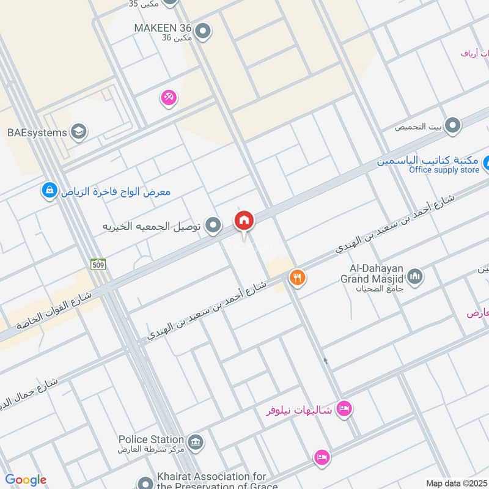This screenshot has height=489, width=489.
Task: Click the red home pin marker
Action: pyautogui.click(x=244, y=220)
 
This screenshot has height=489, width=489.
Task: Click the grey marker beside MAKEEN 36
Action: pyautogui.click(x=204, y=30)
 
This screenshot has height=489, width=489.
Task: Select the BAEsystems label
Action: pyautogui.click(x=37, y=131)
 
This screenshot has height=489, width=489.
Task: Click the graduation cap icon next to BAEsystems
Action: pyautogui.click(x=79, y=131)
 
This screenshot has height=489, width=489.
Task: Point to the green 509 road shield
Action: pyautogui.click(x=98, y=264)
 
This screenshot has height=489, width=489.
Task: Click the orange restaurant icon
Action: pyautogui.click(x=297, y=278)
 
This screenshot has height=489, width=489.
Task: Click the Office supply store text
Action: pyautogui.click(x=444, y=170)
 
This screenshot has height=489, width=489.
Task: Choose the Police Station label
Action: pyautogui.click(x=151, y=439)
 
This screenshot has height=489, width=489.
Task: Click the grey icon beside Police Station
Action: pyautogui.click(x=195, y=441)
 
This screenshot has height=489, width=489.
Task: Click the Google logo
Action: pyautogui.click(x=26, y=480)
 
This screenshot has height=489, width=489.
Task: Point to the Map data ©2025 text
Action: pyautogui.click(x=455, y=483)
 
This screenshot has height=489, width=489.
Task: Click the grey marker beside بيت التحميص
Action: pyautogui.click(x=452, y=127)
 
